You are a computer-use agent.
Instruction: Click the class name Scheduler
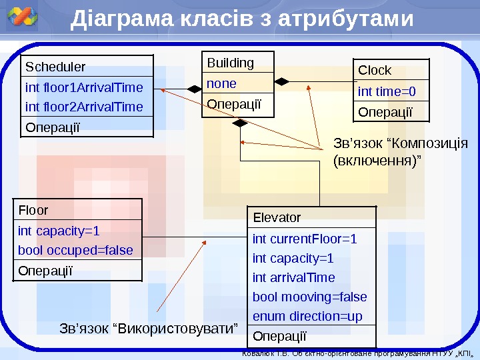(55, 67)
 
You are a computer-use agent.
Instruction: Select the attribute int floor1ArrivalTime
(84, 87)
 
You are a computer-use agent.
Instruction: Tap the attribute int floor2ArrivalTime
(84, 107)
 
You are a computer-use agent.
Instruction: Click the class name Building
(231, 63)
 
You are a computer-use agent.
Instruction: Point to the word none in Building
(221, 83)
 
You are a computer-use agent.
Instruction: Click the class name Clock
(375, 70)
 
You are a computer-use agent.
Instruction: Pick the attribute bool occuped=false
(75, 250)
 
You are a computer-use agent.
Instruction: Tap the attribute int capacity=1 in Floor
(59, 231)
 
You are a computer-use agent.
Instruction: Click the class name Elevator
(277, 217)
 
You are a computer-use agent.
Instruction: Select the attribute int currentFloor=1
(305, 239)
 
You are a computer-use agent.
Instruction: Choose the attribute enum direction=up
(307, 316)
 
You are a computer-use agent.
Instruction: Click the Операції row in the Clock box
(385, 111)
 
